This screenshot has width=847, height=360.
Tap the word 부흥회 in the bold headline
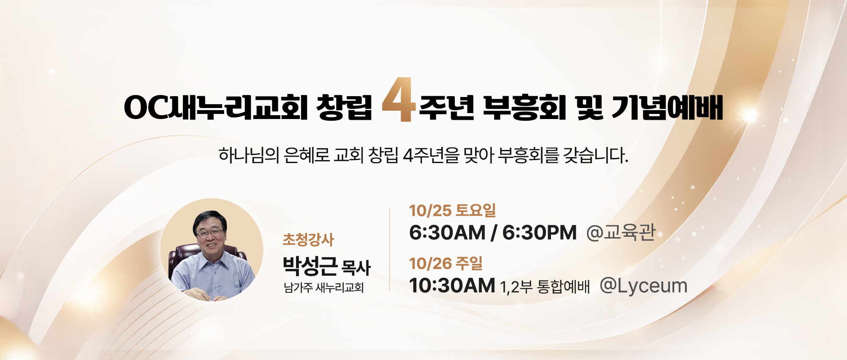coord(524,108)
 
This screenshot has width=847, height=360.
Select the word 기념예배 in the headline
coord(667,107)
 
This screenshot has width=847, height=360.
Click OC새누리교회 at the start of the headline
coord(216,107)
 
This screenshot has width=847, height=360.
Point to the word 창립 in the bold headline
coord(344,107)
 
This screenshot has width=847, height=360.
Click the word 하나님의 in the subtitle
coord(249,155)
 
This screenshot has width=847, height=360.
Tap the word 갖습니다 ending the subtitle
coord(595,155)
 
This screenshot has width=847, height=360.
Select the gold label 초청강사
coord(308,240)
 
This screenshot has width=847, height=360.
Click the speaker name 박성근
coord(310,266)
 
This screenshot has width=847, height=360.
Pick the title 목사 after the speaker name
coord(356,268)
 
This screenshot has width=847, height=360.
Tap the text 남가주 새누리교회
coord(324,288)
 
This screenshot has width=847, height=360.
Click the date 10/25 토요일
coord(452,210)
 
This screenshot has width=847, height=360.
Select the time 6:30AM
coord(447,233)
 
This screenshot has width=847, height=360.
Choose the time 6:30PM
coord(540,233)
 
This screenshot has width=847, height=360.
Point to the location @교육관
coord(621,233)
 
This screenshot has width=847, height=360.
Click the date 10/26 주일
coord(446,263)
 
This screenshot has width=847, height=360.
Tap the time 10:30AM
coord(452,285)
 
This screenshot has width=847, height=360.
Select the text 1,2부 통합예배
coord(545,287)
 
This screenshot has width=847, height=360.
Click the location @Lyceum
coord(643,286)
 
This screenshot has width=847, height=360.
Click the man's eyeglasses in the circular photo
coord(210,233)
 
